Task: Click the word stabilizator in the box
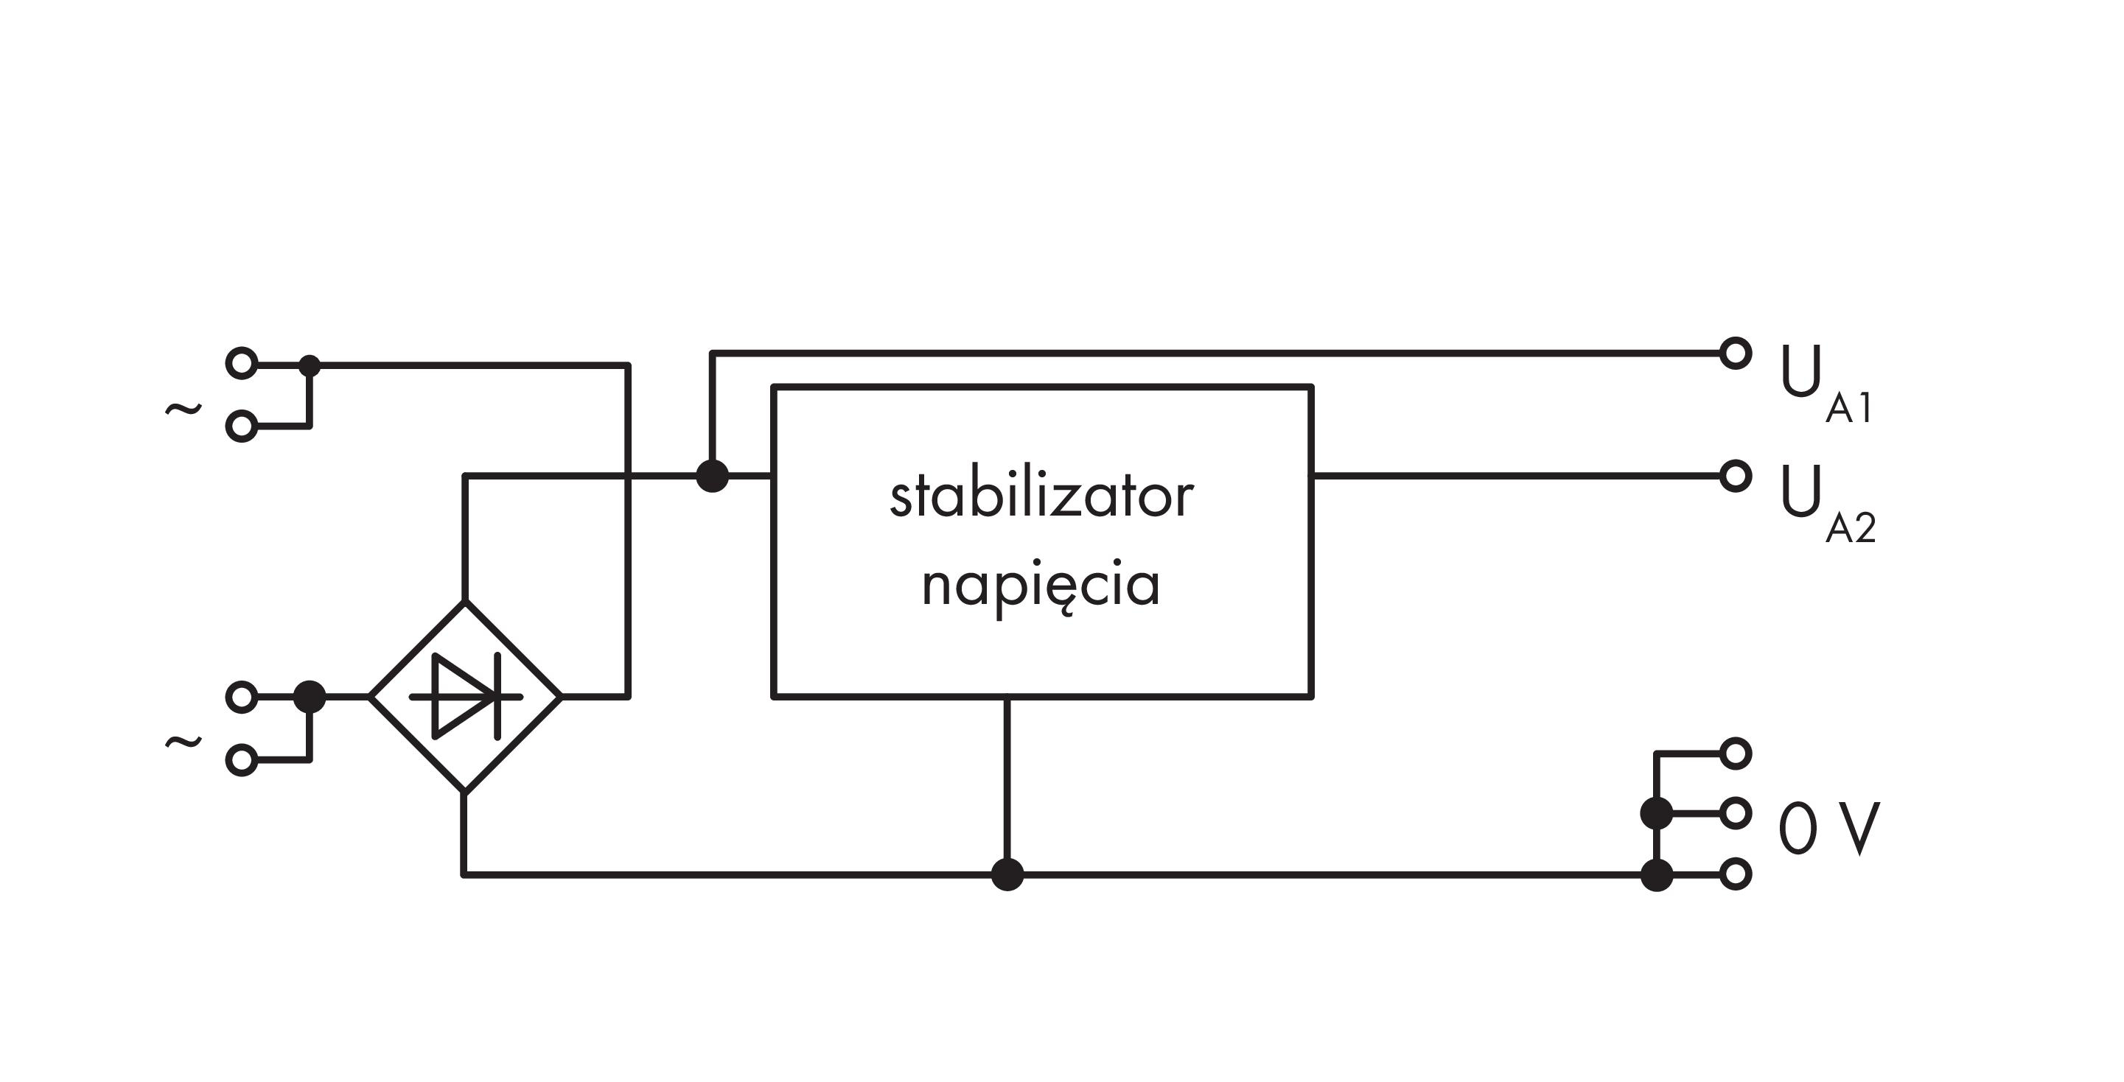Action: [1041, 497]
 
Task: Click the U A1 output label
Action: [1826, 387]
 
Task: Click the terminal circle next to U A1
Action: [1735, 354]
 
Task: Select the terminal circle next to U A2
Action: [1735, 476]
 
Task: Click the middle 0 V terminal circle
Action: [1735, 813]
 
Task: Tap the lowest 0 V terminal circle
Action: [1735, 874]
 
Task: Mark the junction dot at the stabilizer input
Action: [713, 476]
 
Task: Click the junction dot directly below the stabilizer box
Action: [1007, 874]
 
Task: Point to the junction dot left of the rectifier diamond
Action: [310, 696]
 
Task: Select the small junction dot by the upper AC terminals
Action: [310, 365]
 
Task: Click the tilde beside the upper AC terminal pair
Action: [183, 408]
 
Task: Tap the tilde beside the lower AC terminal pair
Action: [183, 742]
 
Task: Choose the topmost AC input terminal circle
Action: [242, 362]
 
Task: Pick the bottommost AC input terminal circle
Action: [242, 761]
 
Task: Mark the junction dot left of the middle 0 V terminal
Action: [1657, 813]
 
